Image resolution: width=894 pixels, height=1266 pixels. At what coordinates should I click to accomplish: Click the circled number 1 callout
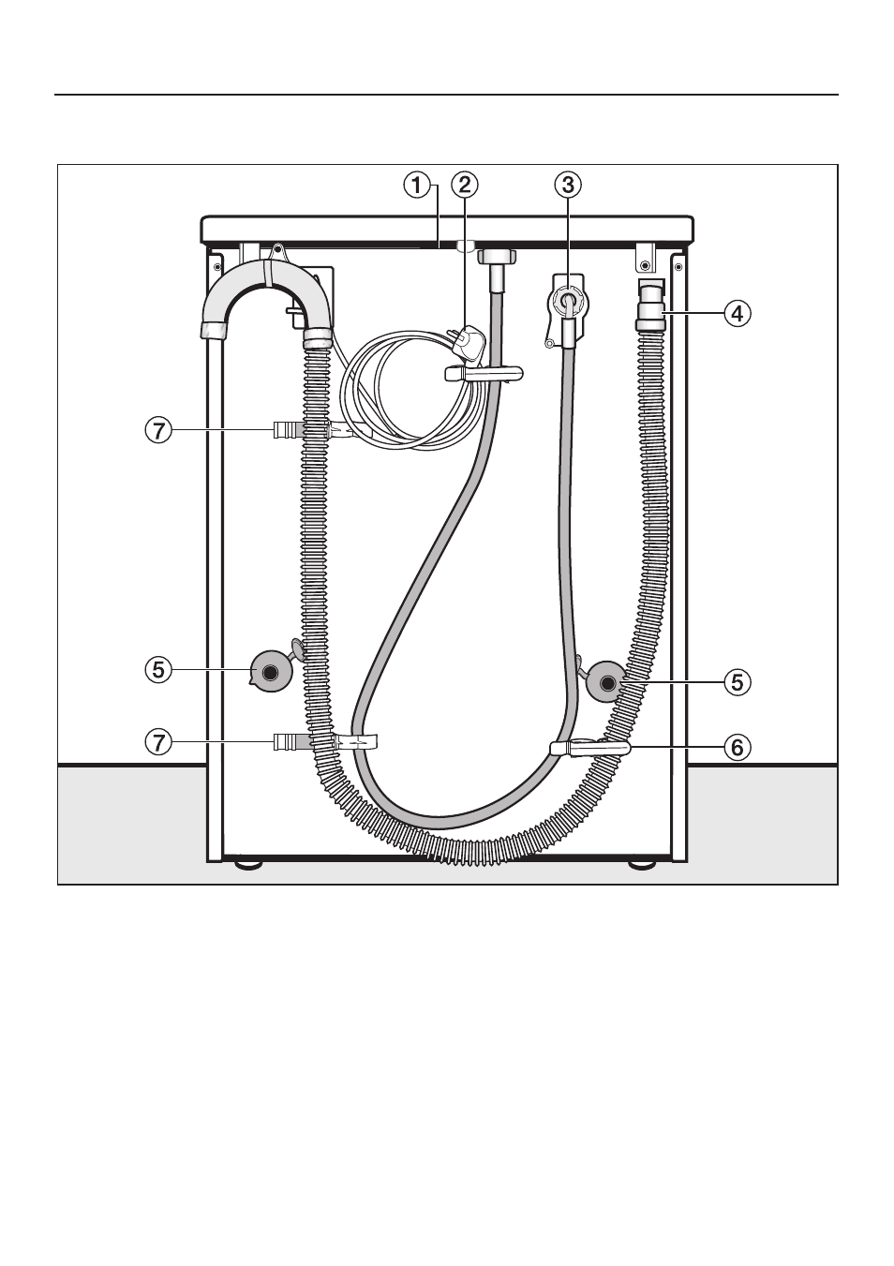[416, 186]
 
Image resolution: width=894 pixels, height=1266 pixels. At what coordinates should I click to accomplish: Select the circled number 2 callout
[465, 186]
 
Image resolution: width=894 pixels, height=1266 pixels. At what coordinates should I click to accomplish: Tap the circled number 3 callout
[568, 186]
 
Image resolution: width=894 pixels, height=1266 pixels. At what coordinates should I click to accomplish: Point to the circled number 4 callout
[738, 313]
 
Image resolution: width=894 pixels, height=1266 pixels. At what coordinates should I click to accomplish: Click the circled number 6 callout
[738, 747]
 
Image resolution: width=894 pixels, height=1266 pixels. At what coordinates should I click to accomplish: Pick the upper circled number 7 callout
[158, 431]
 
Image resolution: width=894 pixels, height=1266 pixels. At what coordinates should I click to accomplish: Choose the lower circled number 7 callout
[158, 741]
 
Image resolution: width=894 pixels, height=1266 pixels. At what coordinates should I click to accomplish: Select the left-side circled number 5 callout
[158, 670]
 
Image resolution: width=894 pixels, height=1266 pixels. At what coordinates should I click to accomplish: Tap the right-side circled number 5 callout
[738, 682]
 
